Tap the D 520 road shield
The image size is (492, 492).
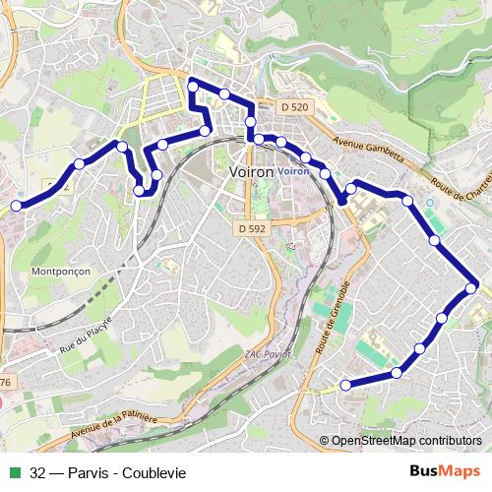tap(293, 106)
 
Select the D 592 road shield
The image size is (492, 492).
tap(252, 228)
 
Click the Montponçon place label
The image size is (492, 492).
tap(62, 271)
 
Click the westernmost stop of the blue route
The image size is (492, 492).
tap(16, 206)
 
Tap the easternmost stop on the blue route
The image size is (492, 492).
tap(472, 287)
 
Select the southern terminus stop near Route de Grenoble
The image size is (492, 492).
tap(344, 385)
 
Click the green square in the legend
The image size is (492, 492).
tap(13, 472)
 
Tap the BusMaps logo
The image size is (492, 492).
tap(446, 471)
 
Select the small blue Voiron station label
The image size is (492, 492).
tap(293, 171)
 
